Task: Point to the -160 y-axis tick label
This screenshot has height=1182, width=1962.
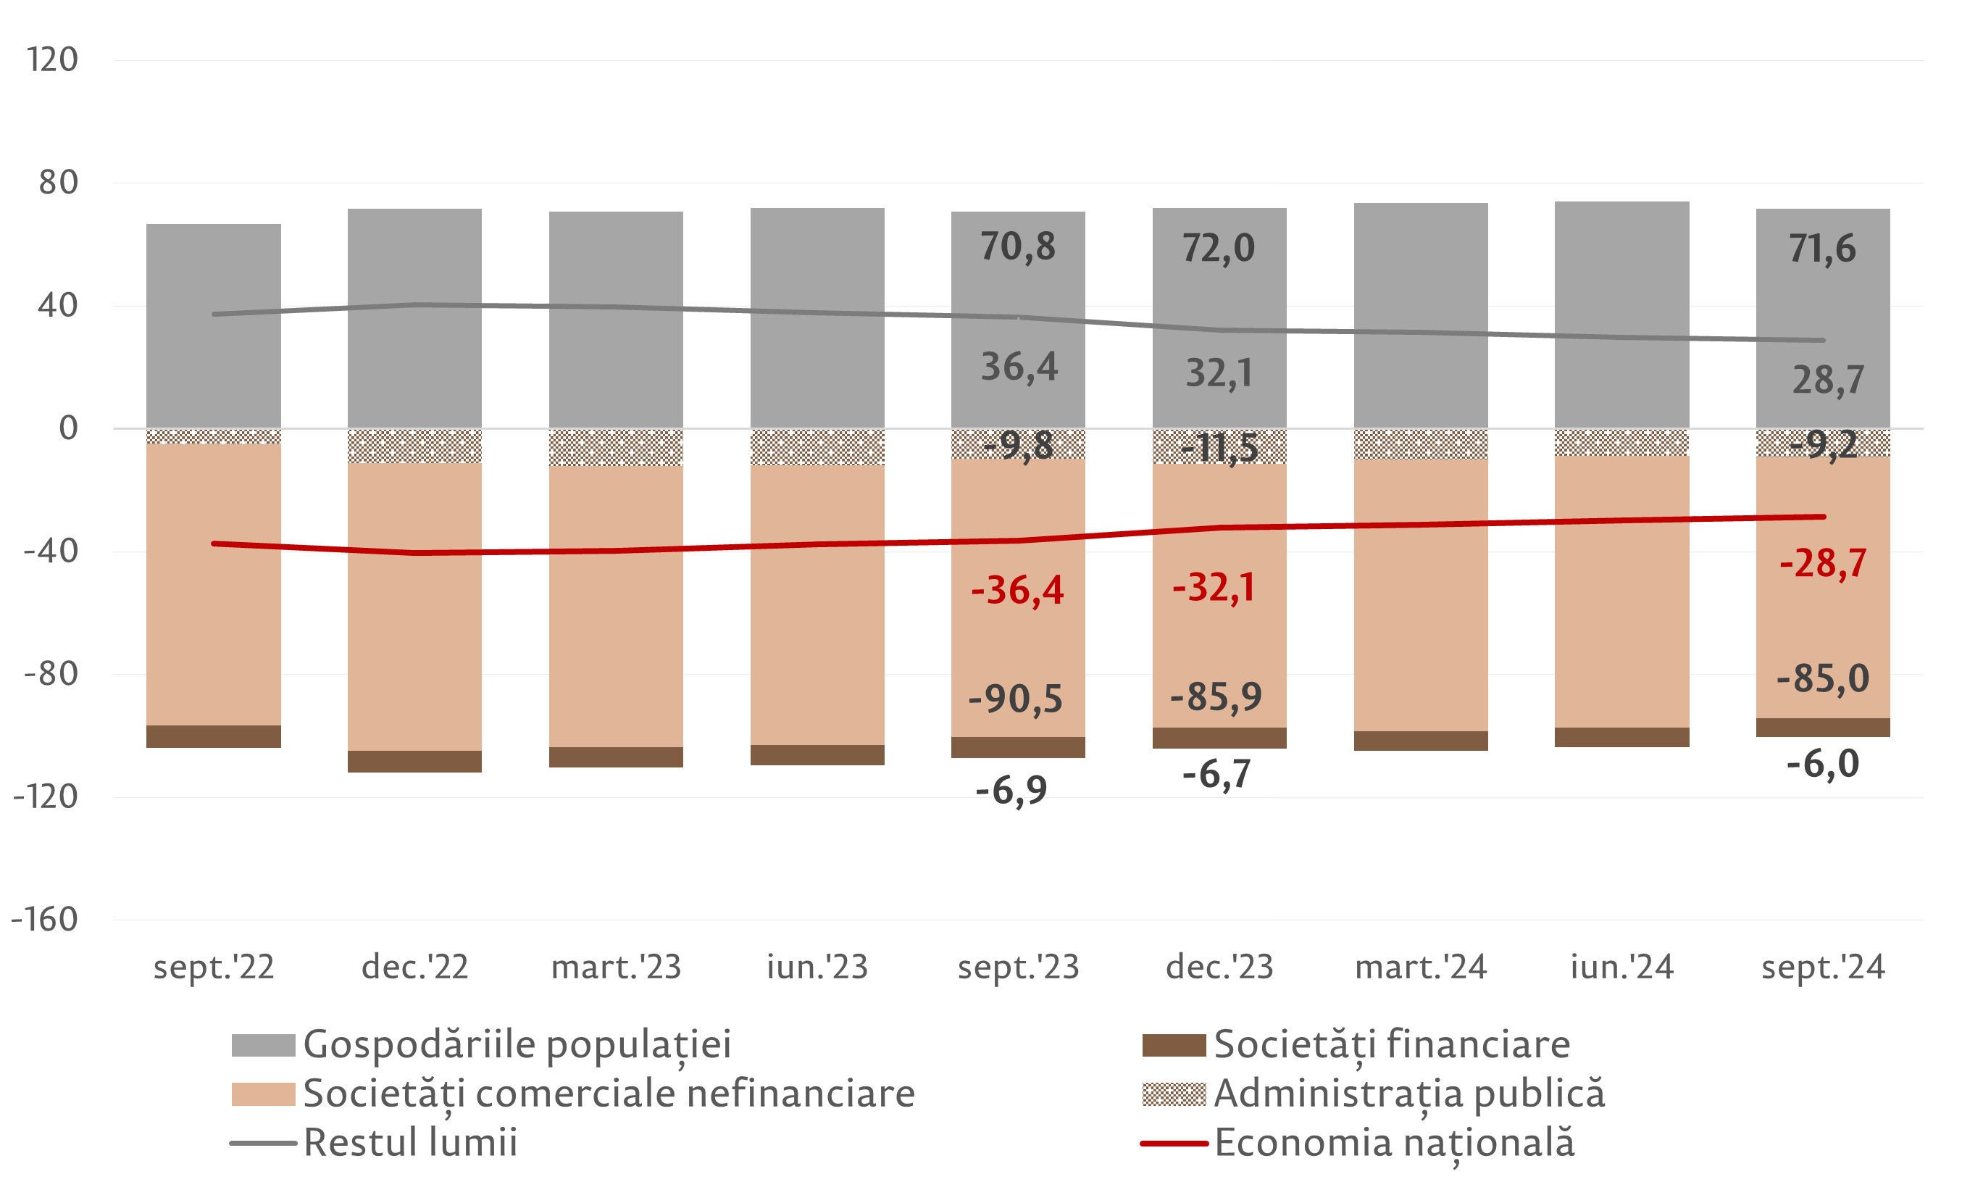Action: [45, 920]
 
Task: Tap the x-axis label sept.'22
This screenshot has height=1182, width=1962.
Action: [214, 967]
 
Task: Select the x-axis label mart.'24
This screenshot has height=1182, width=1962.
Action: [1421, 967]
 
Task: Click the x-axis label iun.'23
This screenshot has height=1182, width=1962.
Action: [817, 967]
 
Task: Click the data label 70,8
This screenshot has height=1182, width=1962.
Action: [1018, 247]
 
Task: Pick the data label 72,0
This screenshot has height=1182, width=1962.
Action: [1219, 249]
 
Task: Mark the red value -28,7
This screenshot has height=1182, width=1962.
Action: [1823, 564]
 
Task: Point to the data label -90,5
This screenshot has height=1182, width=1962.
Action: [1015, 699]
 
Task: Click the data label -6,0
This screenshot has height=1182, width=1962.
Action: [1823, 764]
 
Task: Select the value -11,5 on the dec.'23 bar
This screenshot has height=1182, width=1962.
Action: [1219, 449]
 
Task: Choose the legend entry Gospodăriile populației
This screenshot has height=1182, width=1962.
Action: [516, 1044]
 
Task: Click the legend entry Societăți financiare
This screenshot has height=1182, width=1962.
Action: [1392, 1044]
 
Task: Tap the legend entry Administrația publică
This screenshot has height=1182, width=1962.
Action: [1409, 1094]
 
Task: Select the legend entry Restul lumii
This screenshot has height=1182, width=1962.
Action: [410, 1143]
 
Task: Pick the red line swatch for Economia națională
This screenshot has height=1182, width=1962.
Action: [1174, 1143]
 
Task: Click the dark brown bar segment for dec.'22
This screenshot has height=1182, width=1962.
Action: [415, 762]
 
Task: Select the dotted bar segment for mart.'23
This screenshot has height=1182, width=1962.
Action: [616, 448]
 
